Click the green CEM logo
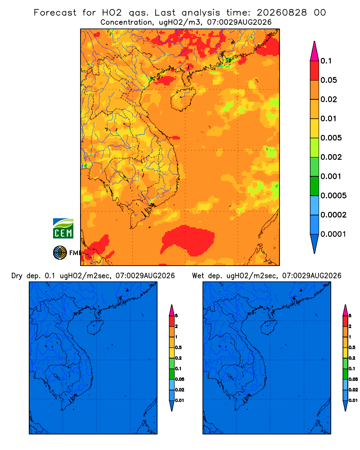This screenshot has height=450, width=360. (63, 228)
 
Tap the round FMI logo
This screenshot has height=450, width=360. (60, 253)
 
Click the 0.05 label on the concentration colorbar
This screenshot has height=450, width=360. (328, 80)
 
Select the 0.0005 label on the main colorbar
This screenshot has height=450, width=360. (333, 196)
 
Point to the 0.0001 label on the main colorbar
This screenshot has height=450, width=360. (333, 234)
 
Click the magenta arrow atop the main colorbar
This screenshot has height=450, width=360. (315, 51)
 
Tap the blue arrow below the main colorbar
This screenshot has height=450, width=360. (315, 243)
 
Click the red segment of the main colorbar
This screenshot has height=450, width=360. (315, 70)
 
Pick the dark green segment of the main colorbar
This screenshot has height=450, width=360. (315, 186)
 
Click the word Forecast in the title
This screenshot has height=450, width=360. (55, 13)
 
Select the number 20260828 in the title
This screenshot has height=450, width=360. (282, 13)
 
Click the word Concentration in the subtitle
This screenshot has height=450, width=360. (126, 22)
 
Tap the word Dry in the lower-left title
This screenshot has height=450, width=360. (17, 276)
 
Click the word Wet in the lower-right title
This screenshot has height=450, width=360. (198, 276)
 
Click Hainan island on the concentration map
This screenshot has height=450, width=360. (183, 99)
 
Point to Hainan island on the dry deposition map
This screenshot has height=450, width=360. (95, 328)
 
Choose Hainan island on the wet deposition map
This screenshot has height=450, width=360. (269, 328)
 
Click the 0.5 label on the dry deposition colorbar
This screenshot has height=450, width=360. (179, 347)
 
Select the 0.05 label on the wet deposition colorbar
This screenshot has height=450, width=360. (353, 379)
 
